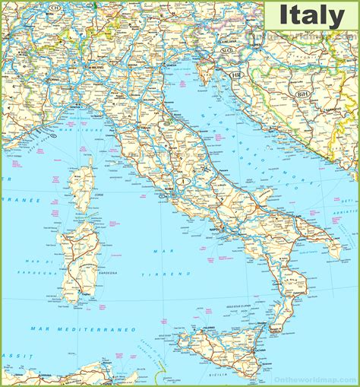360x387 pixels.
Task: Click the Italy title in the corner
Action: [x=311, y=16]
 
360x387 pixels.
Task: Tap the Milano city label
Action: [x=95, y=68]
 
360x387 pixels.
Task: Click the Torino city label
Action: [x=52, y=79]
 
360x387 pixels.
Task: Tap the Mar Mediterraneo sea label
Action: [x=84, y=329]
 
